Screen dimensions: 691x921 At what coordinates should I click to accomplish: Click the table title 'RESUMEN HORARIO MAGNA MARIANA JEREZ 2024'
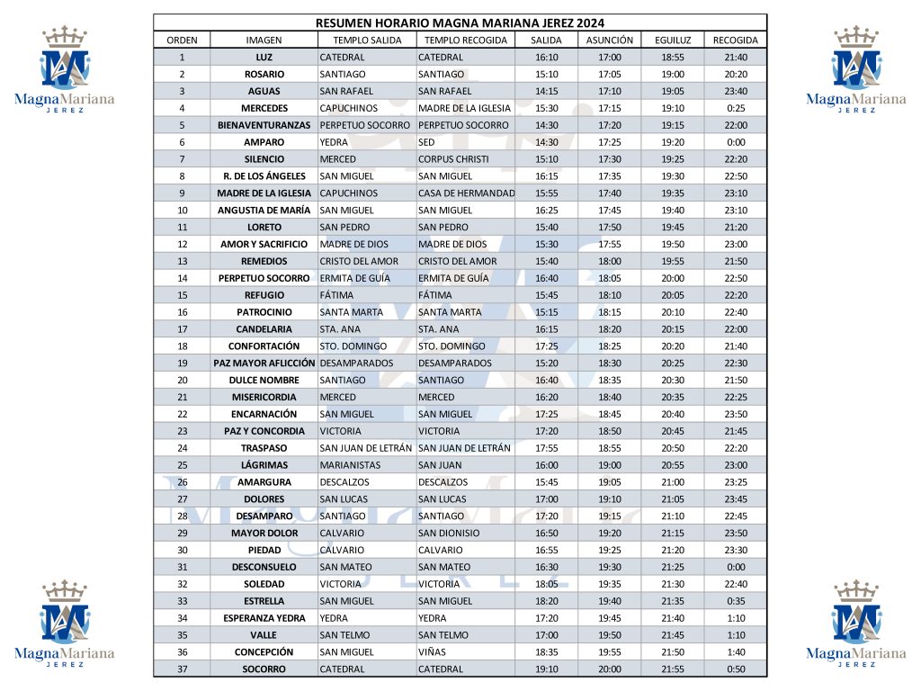[460, 22]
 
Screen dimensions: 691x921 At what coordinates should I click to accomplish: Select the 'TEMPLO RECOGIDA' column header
[465, 40]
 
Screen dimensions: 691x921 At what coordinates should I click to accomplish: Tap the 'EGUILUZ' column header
[673, 40]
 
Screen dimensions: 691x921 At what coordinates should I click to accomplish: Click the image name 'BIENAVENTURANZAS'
[264, 125]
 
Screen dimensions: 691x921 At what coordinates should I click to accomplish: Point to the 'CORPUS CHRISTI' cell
[453, 159]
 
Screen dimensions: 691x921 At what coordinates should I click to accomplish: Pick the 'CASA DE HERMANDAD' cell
[466, 193]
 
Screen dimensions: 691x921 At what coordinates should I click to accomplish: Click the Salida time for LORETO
[546, 228]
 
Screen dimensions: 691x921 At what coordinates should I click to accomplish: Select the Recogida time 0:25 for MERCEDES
[735, 108]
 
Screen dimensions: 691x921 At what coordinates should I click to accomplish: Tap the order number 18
[182, 346]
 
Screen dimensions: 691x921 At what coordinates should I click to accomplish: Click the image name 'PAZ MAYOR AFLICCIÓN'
[264, 363]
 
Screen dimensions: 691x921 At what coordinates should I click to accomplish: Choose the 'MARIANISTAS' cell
[350, 465]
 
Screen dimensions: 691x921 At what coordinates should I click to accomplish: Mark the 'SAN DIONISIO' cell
[449, 533]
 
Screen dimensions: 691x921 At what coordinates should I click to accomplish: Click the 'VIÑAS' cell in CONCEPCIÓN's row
[433, 652]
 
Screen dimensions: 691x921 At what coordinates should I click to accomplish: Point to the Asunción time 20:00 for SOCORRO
[609, 669]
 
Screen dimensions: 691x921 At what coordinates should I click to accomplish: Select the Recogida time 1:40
[735, 652]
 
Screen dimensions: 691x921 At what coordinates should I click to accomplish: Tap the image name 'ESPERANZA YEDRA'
[264, 618]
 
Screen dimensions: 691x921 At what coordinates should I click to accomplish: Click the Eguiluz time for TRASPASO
[673, 448]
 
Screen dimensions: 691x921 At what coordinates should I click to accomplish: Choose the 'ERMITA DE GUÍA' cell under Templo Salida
[354, 278]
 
